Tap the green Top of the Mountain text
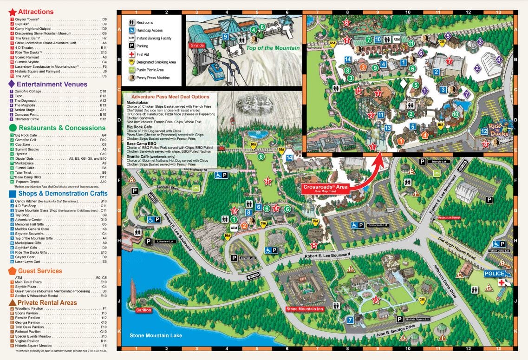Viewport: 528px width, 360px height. (273, 48)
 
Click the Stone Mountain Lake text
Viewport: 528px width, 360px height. (156, 335)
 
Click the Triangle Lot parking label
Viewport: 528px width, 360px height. (438, 162)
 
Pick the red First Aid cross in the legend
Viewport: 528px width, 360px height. (132, 53)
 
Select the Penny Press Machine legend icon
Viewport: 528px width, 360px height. (132, 78)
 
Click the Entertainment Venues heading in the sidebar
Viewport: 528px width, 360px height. (52, 84)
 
